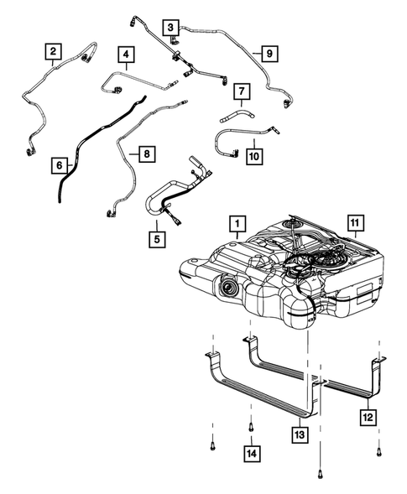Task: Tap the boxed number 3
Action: pos(170,28)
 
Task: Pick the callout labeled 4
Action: pos(127,56)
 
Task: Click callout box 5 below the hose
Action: pos(156,238)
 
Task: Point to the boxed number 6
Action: pos(59,166)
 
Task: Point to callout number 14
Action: pos(251,454)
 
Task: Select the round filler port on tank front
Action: pos(229,290)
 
